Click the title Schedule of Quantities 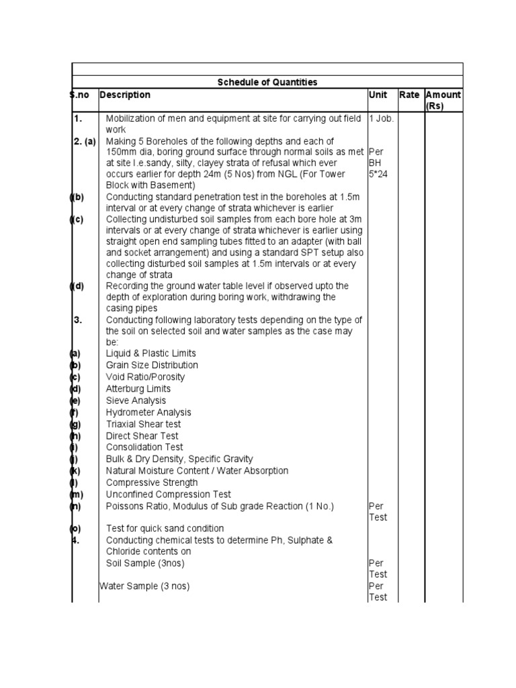coord(267,82)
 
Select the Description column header coord(126,95)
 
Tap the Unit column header coord(378,95)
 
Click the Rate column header coord(409,95)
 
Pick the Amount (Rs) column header coord(443,100)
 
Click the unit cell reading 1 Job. coord(381,118)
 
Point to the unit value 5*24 coord(379,174)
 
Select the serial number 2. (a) coord(85,141)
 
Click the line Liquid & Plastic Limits coord(151,353)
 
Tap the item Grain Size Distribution coord(152,365)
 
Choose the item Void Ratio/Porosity coord(145,377)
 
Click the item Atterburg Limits coord(138,388)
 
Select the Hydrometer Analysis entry coord(148,412)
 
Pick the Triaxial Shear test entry coord(143,424)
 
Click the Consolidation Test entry coord(144,447)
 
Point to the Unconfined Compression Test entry coord(168,494)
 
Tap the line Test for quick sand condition coord(165,528)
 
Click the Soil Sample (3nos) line coord(145,562)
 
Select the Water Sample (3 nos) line coord(144,586)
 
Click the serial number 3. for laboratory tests coord(78,320)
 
